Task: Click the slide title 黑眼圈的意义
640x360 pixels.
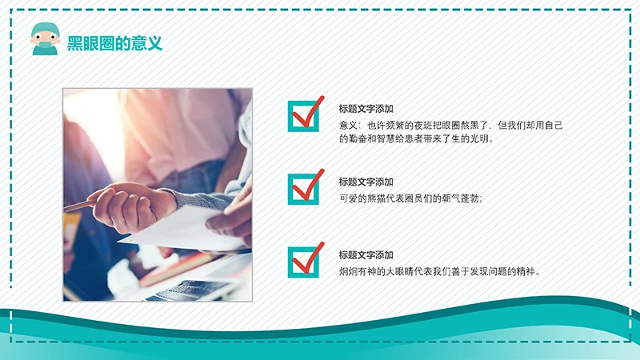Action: click(115, 43)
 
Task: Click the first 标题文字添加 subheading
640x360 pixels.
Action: click(366, 109)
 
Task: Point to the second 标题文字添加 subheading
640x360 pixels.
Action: click(366, 182)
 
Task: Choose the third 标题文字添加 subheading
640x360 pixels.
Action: click(366, 254)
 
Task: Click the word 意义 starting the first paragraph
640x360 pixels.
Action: click(348, 125)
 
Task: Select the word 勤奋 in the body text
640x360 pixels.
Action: click(358, 138)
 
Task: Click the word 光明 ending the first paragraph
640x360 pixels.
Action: click(482, 138)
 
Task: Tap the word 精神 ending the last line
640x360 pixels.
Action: click(528, 271)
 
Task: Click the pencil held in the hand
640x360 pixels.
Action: click(80, 206)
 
